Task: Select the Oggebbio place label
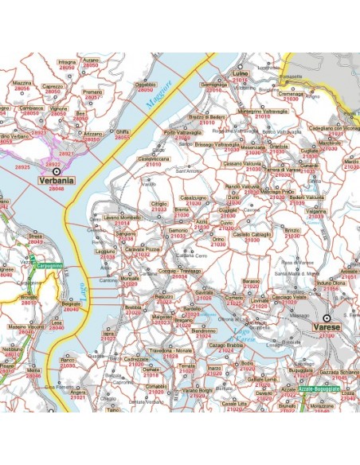pyautogui.click(x=146, y=84)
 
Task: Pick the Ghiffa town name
pyautogui.click(x=122, y=131)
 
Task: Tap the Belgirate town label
pyautogui.click(x=72, y=305)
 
